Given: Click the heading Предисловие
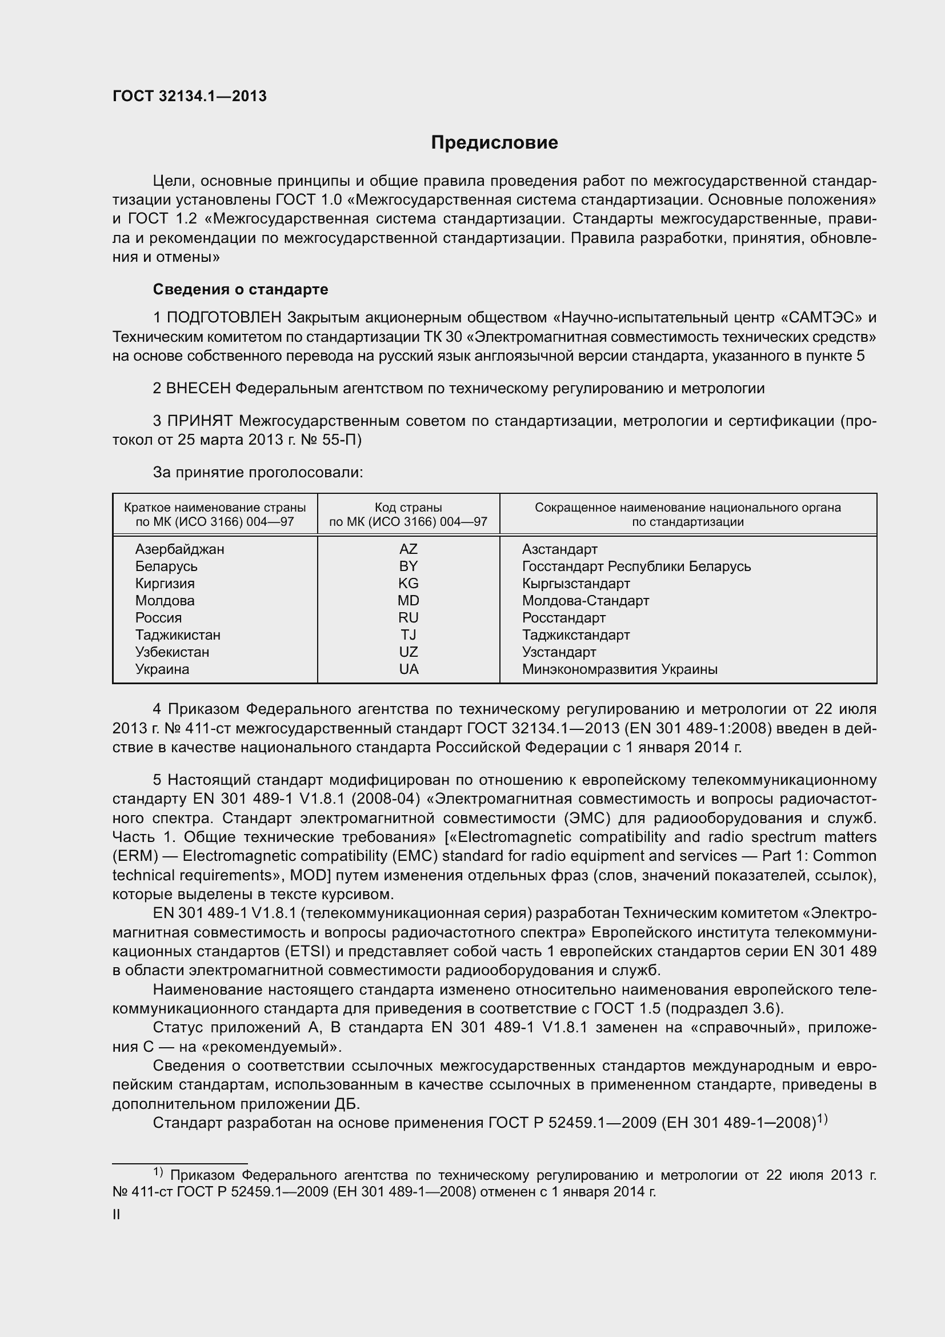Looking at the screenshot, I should pos(494,142).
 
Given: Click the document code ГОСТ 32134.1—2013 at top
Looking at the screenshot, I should pos(189,96).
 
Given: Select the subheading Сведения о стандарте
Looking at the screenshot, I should pos(241,289).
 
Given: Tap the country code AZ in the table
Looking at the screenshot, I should pos(408,549).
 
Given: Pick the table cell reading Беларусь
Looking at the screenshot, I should pos(166,566).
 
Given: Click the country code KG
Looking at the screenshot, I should pos(408,584).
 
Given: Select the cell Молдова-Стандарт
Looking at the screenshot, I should pos(585,600).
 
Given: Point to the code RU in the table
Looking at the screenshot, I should pos(408,618).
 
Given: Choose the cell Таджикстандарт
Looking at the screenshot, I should pos(575,634).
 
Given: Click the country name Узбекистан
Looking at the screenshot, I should pos(172,652).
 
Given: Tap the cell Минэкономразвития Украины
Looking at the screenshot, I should pos(619,669).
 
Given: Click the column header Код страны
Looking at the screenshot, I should pos(408,508).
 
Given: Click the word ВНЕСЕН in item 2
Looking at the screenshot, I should pos(198,388).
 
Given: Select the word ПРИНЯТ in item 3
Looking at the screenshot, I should pos(200,421).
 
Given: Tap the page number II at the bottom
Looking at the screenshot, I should pos(117,1215).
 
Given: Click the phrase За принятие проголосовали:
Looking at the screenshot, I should pos(258,472).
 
